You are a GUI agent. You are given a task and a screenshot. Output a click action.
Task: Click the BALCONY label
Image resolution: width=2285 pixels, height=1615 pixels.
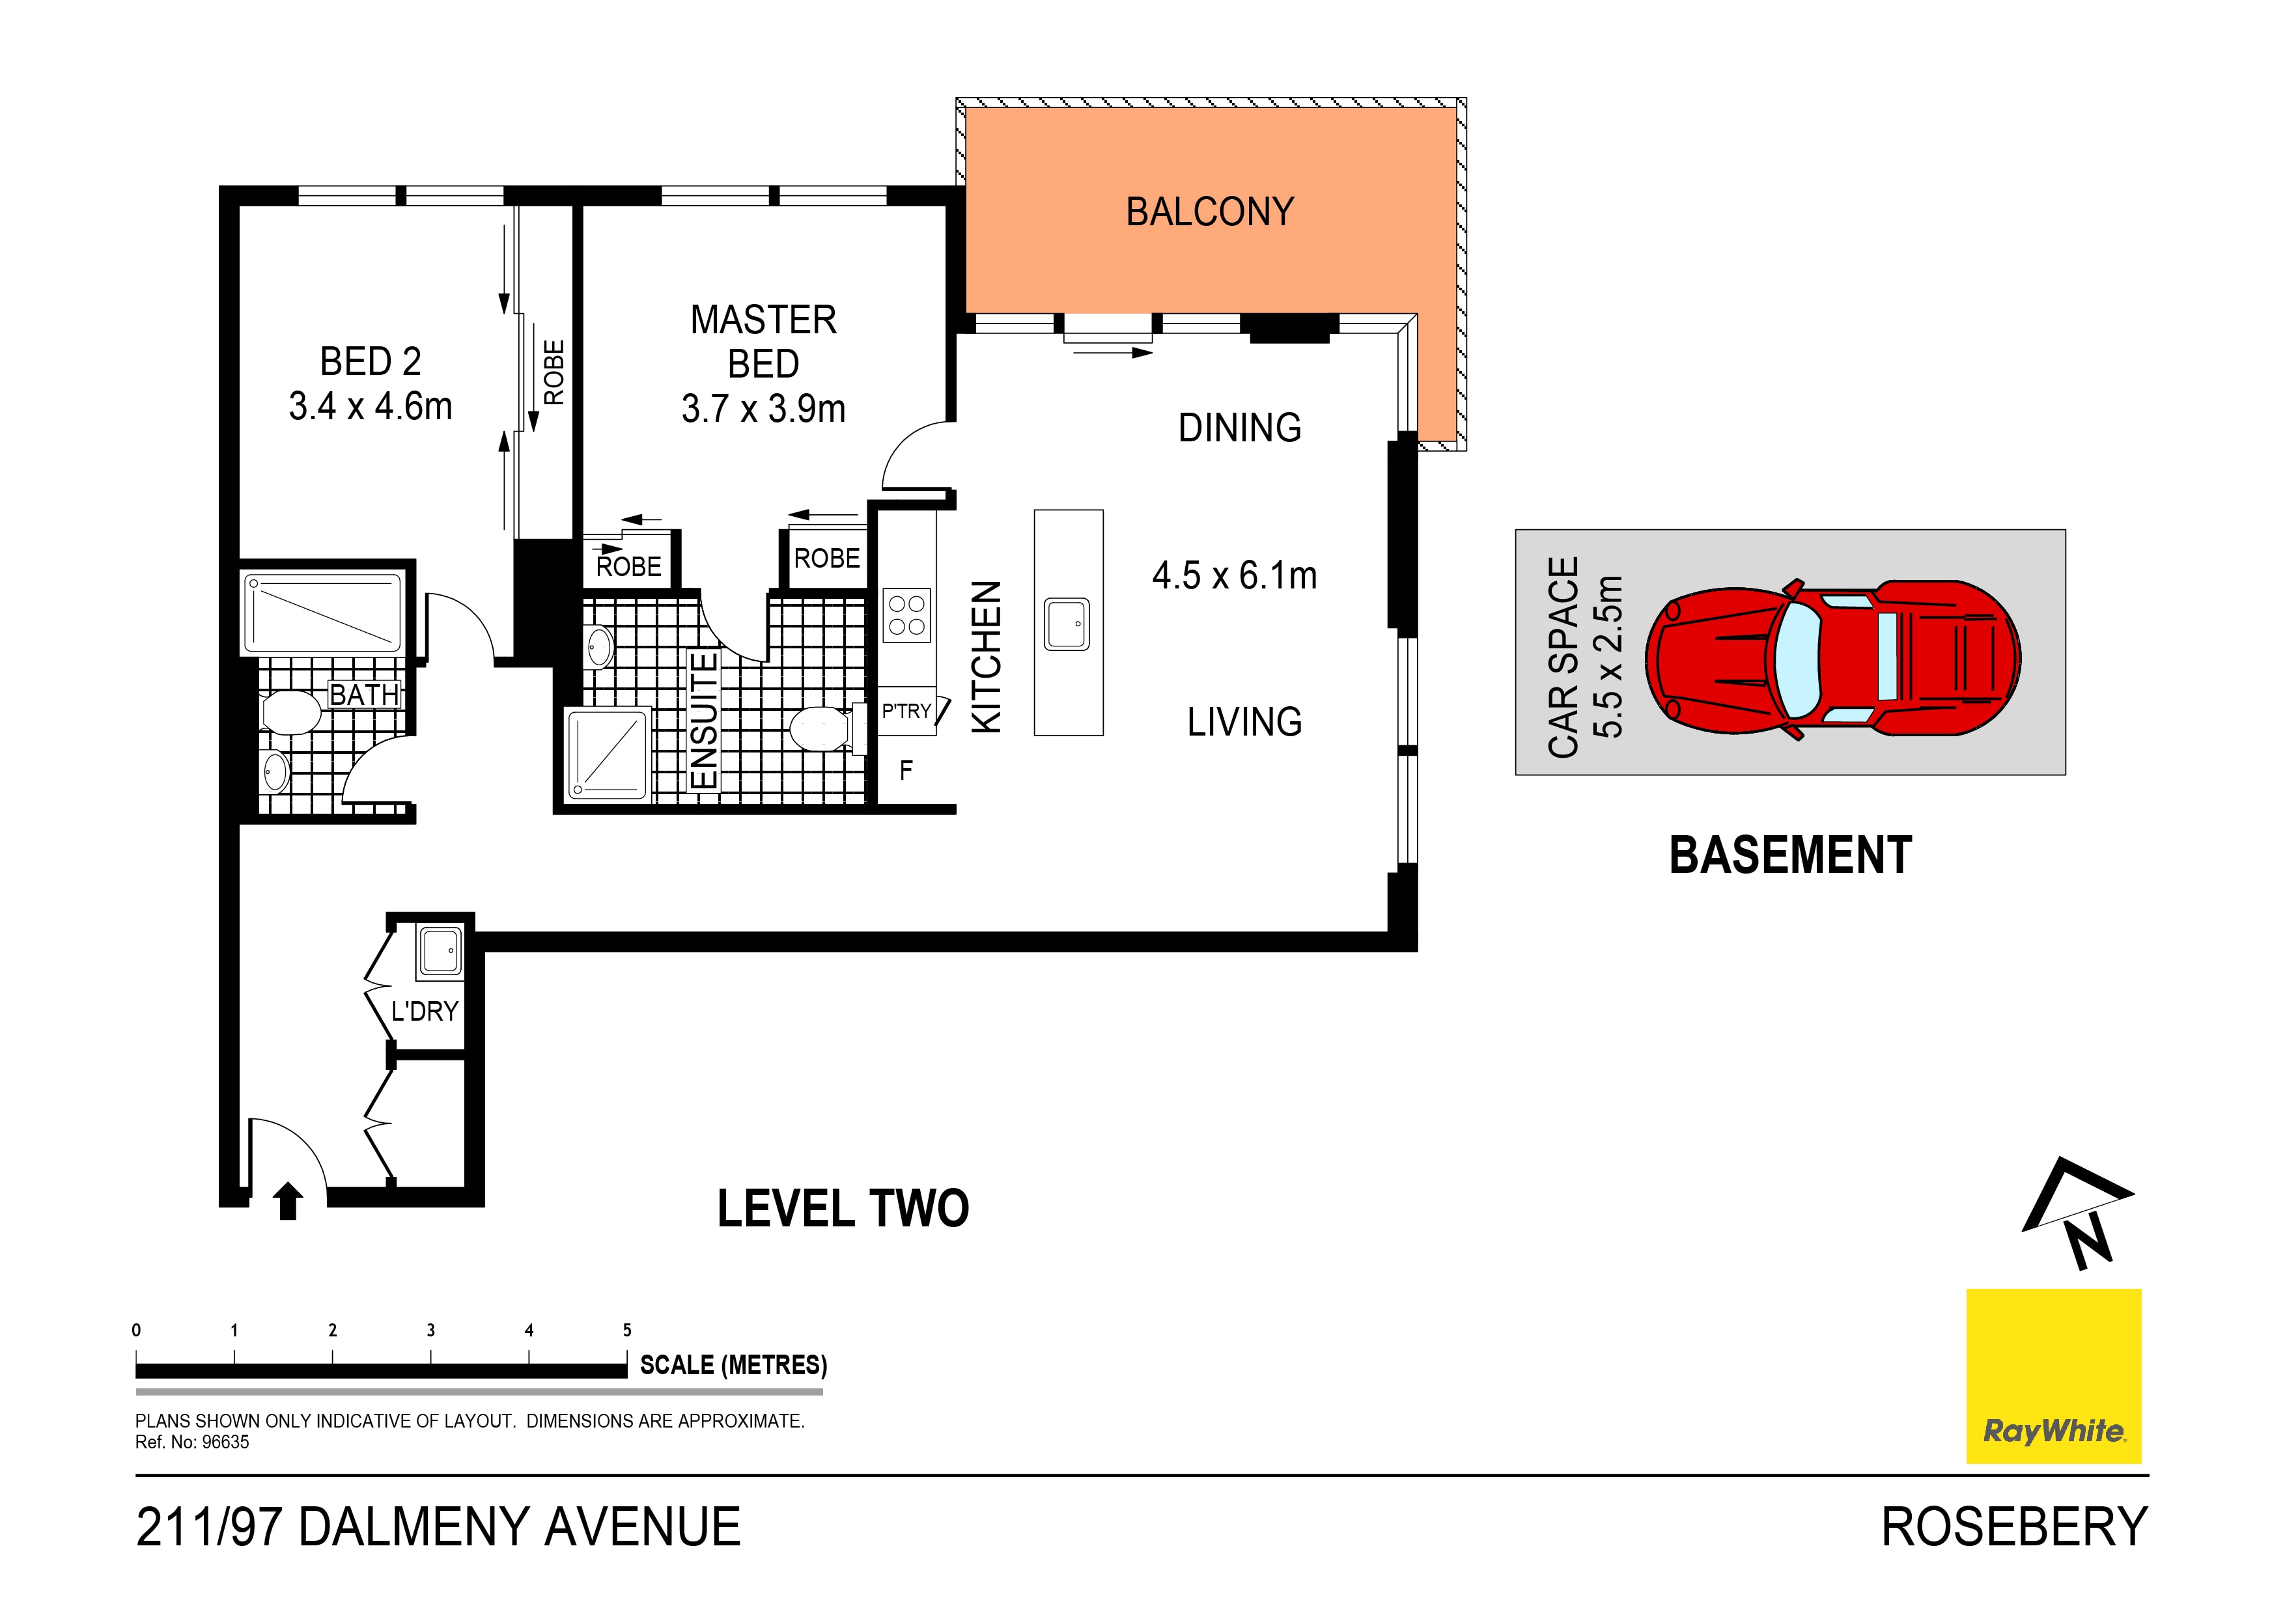(x=1209, y=212)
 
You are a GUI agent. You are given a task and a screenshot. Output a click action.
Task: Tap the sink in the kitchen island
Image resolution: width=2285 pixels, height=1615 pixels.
(x=1067, y=624)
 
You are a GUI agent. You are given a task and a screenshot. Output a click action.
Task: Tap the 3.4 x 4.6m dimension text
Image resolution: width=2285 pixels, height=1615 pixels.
(x=371, y=406)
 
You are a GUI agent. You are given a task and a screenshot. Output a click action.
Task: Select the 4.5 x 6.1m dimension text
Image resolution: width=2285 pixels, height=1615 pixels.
(x=1234, y=575)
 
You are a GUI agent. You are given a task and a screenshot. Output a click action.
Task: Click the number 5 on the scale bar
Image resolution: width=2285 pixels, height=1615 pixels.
(x=627, y=1331)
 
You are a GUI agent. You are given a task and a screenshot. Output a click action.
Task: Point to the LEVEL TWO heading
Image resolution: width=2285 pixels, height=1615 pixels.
(x=843, y=1209)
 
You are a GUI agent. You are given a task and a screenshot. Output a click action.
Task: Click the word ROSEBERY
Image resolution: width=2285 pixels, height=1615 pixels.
(x=2014, y=1527)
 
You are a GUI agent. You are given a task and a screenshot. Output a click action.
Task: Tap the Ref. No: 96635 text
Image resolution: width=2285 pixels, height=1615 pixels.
(x=192, y=1442)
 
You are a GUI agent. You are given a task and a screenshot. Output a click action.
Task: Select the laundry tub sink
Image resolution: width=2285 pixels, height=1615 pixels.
(x=440, y=951)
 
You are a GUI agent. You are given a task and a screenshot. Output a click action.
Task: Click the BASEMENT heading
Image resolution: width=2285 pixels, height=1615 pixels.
(x=1790, y=856)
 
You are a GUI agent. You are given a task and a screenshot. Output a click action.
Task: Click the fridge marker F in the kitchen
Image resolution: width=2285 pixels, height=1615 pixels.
(x=906, y=770)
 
